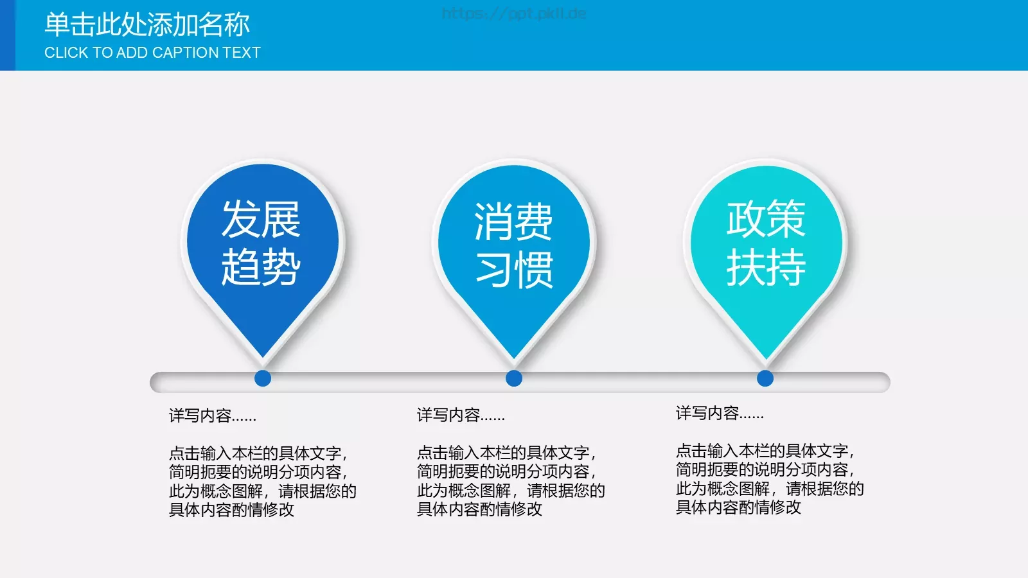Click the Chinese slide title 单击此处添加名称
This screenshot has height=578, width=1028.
click(147, 24)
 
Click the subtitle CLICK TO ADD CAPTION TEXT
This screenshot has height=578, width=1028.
click(152, 53)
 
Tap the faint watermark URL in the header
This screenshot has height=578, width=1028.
click(514, 13)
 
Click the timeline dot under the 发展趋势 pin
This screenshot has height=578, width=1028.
click(263, 378)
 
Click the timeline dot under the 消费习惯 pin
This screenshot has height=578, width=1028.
click(514, 378)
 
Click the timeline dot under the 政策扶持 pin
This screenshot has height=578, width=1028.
click(765, 378)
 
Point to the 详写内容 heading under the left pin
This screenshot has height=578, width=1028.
click(213, 416)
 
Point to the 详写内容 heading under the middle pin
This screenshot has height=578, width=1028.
click(461, 415)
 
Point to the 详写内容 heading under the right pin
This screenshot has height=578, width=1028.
click(720, 413)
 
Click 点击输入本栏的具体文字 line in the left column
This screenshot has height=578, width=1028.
click(257, 453)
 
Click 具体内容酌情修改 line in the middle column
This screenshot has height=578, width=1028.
click(479, 509)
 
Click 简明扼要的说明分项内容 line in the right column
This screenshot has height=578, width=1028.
click(764, 469)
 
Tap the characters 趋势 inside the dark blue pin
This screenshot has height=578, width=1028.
click(261, 267)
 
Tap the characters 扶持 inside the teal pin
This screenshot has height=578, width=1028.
click(766, 267)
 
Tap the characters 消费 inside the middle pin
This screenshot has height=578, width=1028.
click(513, 222)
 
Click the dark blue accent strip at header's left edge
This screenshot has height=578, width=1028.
click(7, 35)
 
